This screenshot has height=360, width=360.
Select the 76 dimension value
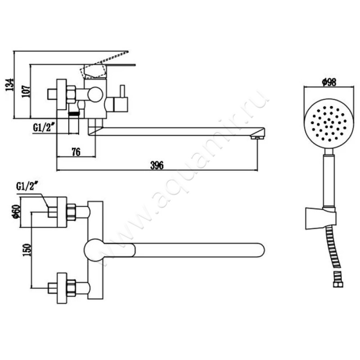(x=76, y=152)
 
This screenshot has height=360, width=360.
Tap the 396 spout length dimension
(x=157, y=165)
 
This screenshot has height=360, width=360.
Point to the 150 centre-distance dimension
(x=27, y=249)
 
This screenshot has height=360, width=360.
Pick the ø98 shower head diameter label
(x=327, y=82)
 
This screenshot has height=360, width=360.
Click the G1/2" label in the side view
(x=44, y=127)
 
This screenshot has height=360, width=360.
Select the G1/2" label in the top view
(x=27, y=186)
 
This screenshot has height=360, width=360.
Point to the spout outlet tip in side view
(x=257, y=135)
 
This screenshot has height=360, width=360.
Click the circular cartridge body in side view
(x=95, y=95)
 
